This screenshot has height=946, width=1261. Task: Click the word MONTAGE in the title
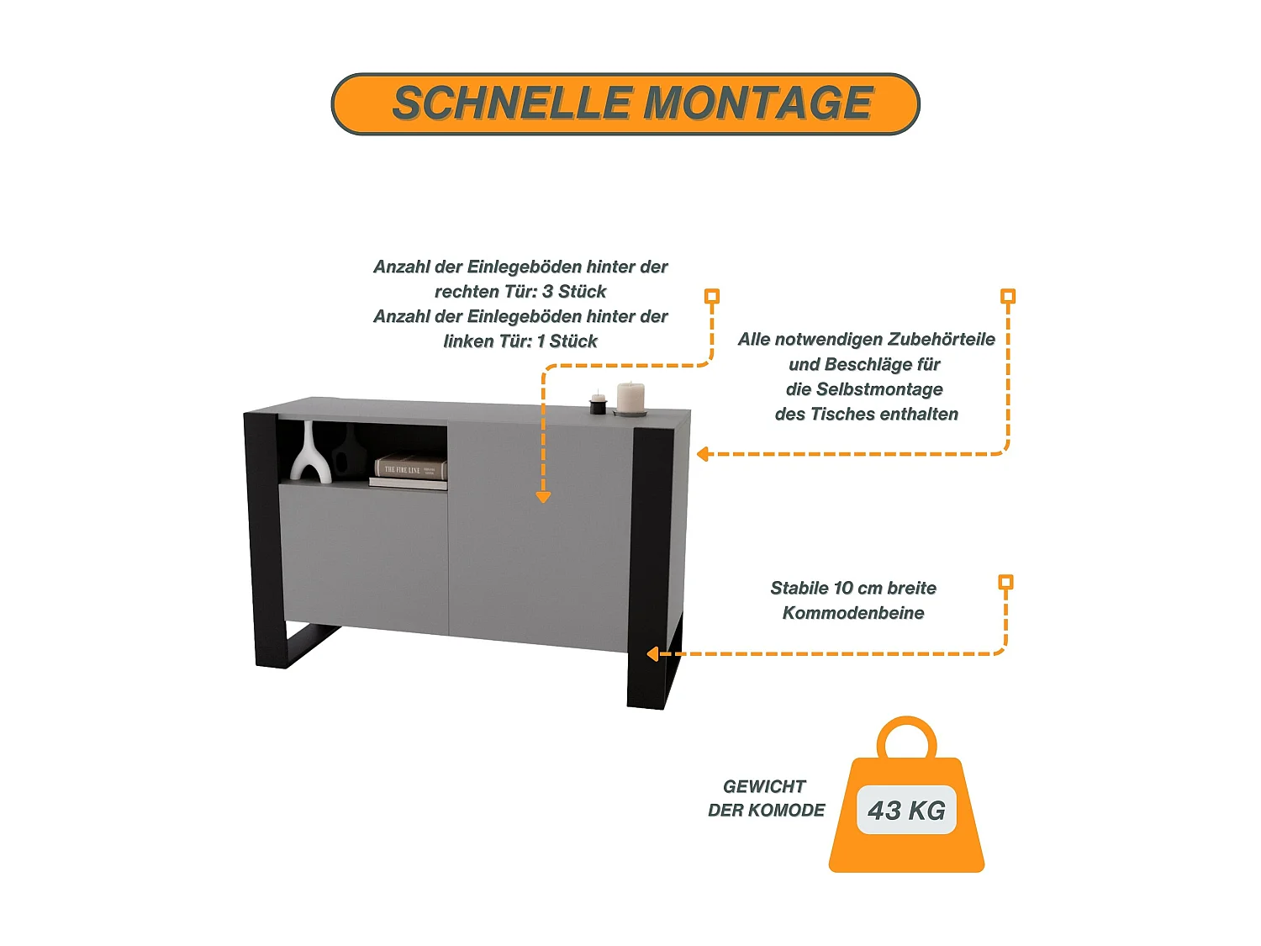[x=757, y=103]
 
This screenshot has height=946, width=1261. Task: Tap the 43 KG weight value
[x=906, y=811]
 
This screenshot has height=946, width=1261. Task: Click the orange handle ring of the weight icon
[x=906, y=737]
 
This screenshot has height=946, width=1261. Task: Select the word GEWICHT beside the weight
[x=764, y=786]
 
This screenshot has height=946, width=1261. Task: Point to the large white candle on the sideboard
[x=630, y=398]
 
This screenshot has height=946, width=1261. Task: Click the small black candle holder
[x=598, y=405]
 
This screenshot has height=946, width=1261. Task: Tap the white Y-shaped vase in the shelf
[x=311, y=455]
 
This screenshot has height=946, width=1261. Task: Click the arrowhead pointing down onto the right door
[x=543, y=497]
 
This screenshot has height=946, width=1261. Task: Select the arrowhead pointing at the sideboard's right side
[x=704, y=454]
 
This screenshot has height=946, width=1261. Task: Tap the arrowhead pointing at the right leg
[x=653, y=654]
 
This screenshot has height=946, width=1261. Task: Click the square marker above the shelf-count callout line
[x=712, y=296]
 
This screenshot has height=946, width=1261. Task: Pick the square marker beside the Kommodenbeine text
[x=1005, y=582]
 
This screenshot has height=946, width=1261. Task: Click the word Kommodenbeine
[x=853, y=613]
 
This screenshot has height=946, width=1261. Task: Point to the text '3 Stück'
[x=574, y=292]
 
